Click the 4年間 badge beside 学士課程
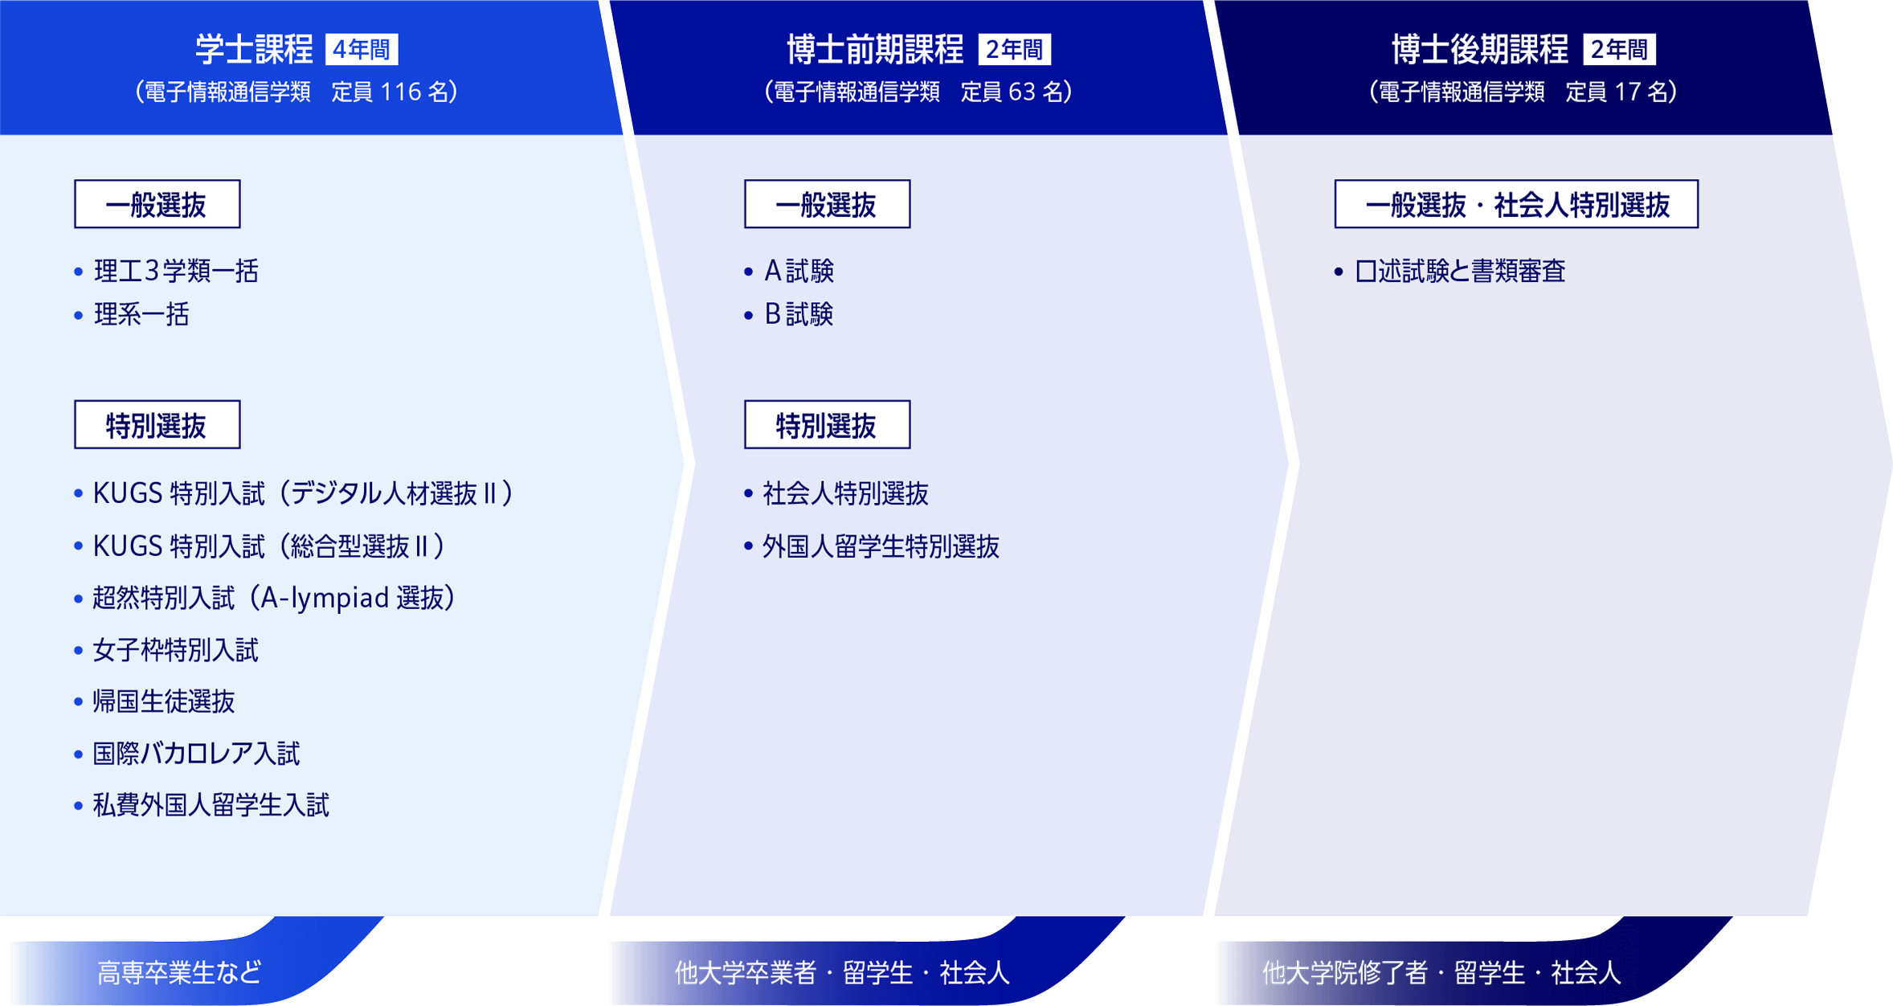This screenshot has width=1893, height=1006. pyautogui.click(x=361, y=50)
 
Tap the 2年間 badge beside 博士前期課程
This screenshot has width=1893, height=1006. pyautogui.click(x=1014, y=50)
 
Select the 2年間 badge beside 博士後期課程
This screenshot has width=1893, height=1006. pyautogui.click(x=1619, y=50)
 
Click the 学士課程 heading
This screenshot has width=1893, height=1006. pyautogui.click(x=254, y=50)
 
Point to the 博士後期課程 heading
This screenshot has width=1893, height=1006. pyautogui.click(x=1479, y=50)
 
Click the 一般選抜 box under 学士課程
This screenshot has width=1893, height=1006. pyautogui.click(x=157, y=205)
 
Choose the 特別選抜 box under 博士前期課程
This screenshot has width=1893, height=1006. pyautogui.click(x=827, y=425)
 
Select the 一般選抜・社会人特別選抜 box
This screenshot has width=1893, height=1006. pyautogui.click(x=1516, y=205)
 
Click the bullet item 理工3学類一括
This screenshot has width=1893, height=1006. pyautogui.click(x=176, y=272)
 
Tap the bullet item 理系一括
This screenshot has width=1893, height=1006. pyautogui.click(x=141, y=314)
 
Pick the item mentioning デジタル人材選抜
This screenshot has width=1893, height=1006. pyautogui.click(x=303, y=493)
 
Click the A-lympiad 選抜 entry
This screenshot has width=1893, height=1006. pyautogui.click(x=274, y=598)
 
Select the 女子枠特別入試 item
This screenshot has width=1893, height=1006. pyautogui.click(x=175, y=650)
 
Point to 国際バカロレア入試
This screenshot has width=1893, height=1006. pyautogui.click(x=196, y=754)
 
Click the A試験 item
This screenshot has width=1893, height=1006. pyautogui.click(x=799, y=272)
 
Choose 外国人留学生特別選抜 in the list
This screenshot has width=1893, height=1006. pyautogui.click(x=881, y=547)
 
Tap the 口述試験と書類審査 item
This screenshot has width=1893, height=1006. pyautogui.click(x=1460, y=272)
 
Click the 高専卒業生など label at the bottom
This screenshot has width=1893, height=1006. pyautogui.click(x=179, y=973)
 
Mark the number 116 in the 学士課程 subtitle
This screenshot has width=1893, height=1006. pyautogui.click(x=400, y=92)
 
